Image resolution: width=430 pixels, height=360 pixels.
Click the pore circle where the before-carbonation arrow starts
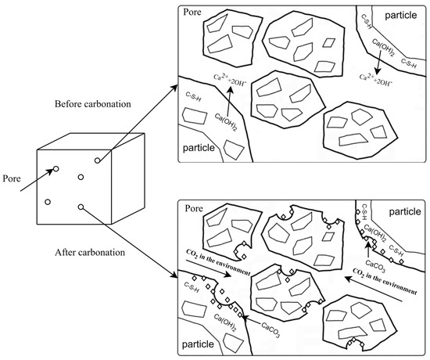tap(98, 160)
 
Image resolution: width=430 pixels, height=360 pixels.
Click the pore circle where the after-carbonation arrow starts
tap(81, 207)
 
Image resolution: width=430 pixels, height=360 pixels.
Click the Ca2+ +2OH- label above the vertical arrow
tap(228, 79)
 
